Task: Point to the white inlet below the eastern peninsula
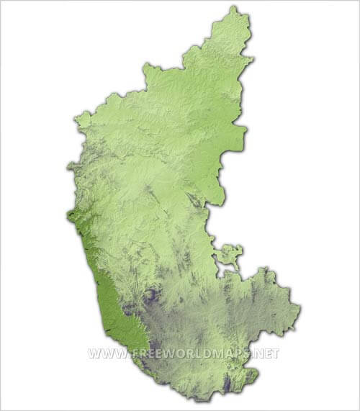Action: tap(229, 271)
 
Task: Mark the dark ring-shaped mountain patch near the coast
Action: tap(150, 296)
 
